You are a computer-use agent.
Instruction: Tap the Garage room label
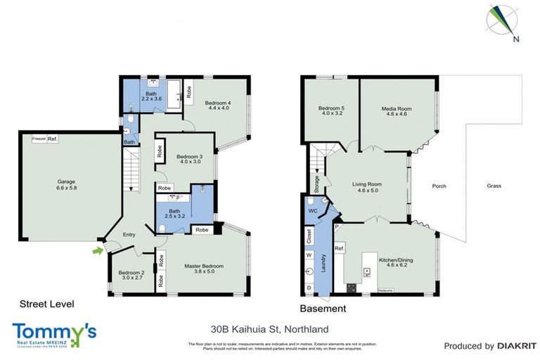coord(66,185)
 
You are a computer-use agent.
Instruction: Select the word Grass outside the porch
coord(496,186)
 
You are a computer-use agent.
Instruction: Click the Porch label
coord(439,186)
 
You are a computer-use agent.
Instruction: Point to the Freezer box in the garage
coord(39,139)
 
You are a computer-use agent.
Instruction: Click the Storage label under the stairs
coord(317,183)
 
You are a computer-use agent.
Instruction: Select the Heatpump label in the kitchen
coord(385,290)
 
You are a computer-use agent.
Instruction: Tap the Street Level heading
coord(46,304)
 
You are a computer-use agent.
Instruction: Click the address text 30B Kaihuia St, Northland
coord(269,328)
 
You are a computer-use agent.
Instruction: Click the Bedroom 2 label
coord(131,275)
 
